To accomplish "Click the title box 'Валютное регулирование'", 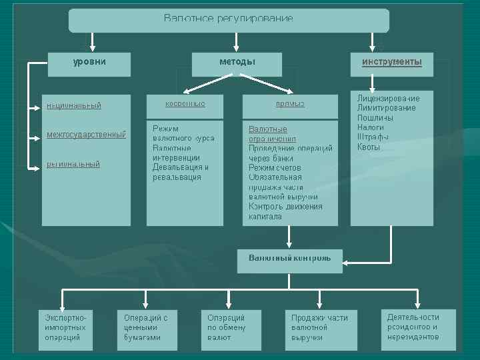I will point(229,20).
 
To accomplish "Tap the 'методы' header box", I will point(237,64).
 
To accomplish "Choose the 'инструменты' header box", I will point(392,64).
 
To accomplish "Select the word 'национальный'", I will point(73,105).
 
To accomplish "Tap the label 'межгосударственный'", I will point(86,135).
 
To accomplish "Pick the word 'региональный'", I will point(73,164).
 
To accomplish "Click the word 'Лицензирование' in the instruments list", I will point(388,99).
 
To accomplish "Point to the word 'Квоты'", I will point(369,147).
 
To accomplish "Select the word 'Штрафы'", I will point(373,137).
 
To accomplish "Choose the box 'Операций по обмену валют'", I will point(232,328).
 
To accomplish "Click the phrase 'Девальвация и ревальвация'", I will point(181,172).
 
